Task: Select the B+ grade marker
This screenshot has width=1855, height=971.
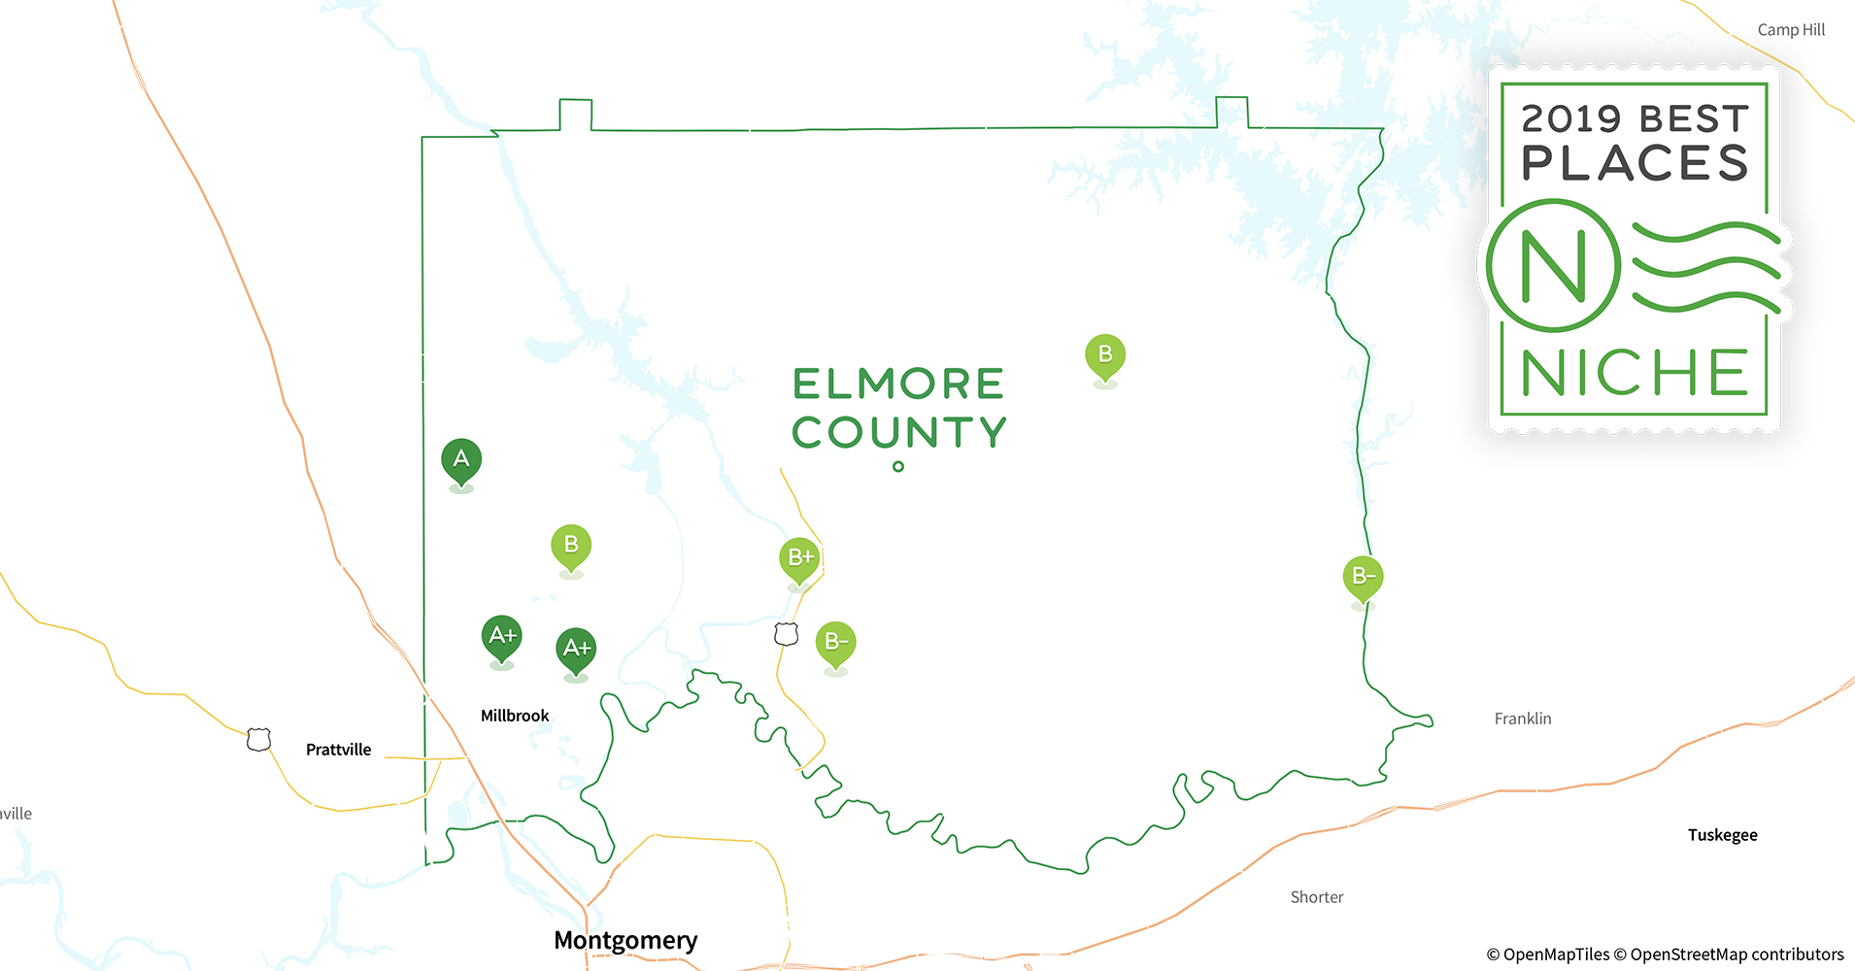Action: pyautogui.click(x=799, y=558)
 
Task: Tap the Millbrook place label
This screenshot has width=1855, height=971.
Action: pyautogui.click(x=515, y=716)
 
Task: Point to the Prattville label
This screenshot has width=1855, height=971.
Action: pyautogui.click(x=338, y=750)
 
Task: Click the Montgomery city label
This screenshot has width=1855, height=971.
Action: pyautogui.click(x=625, y=940)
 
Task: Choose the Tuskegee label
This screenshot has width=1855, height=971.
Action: pyautogui.click(x=1722, y=835)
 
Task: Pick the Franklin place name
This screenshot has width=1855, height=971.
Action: pyautogui.click(x=1522, y=719)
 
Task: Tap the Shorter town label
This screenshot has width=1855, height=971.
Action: pyautogui.click(x=1316, y=897)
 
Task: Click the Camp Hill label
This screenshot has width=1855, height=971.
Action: pyautogui.click(x=1791, y=30)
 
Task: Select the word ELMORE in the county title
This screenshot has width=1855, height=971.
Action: pyautogui.click(x=898, y=384)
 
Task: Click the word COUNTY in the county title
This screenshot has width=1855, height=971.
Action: pyautogui.click(x=898, y=432)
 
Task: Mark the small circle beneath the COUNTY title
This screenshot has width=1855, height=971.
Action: pyautogui.click(x=898, y=467)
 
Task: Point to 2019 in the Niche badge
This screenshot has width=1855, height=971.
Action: pyautogui.click(x=1570, y=119)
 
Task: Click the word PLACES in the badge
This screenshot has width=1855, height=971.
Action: pyautogui.click(x=1635, y=163)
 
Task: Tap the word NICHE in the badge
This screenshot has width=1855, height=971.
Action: pyautogui.click(x=1635, y=373)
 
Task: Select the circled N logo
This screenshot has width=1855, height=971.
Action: pyautogui.click(x=1553, y=265)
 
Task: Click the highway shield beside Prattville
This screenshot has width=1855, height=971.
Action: pyautogui.click(x=258, y=739)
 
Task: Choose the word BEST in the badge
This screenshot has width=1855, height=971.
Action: pyautogui.click(x=1694, y=119)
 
